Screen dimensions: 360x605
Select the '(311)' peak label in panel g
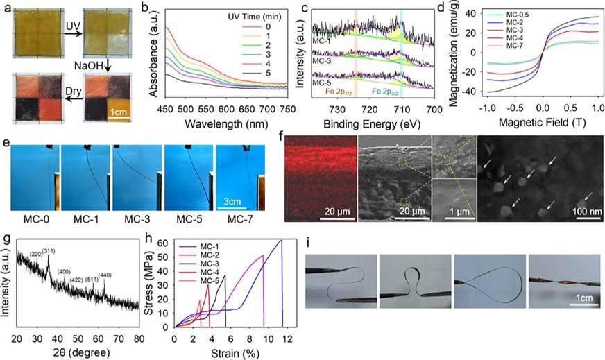(x=49, y=250)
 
